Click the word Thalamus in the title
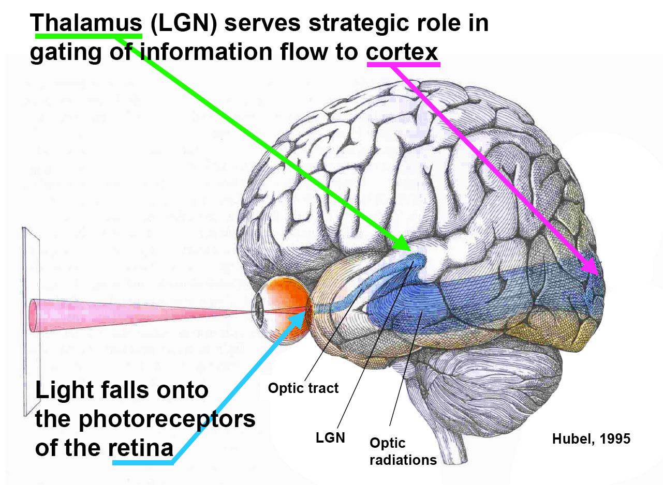point(85,23)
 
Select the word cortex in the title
point(402,52)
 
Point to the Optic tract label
point(303,388)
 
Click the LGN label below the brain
point(330,437)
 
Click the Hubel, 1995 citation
point(591,439)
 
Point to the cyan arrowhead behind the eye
point(299,316)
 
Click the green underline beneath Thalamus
point(89,36)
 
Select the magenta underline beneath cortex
point(403,64)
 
